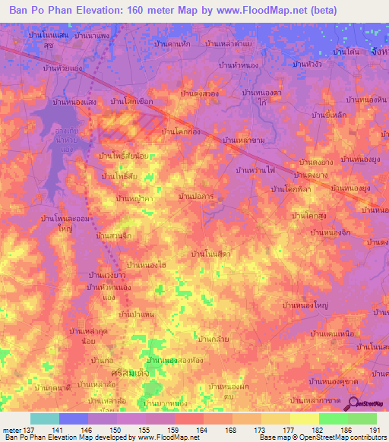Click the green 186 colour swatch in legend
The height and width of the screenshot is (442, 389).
point(334,418)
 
